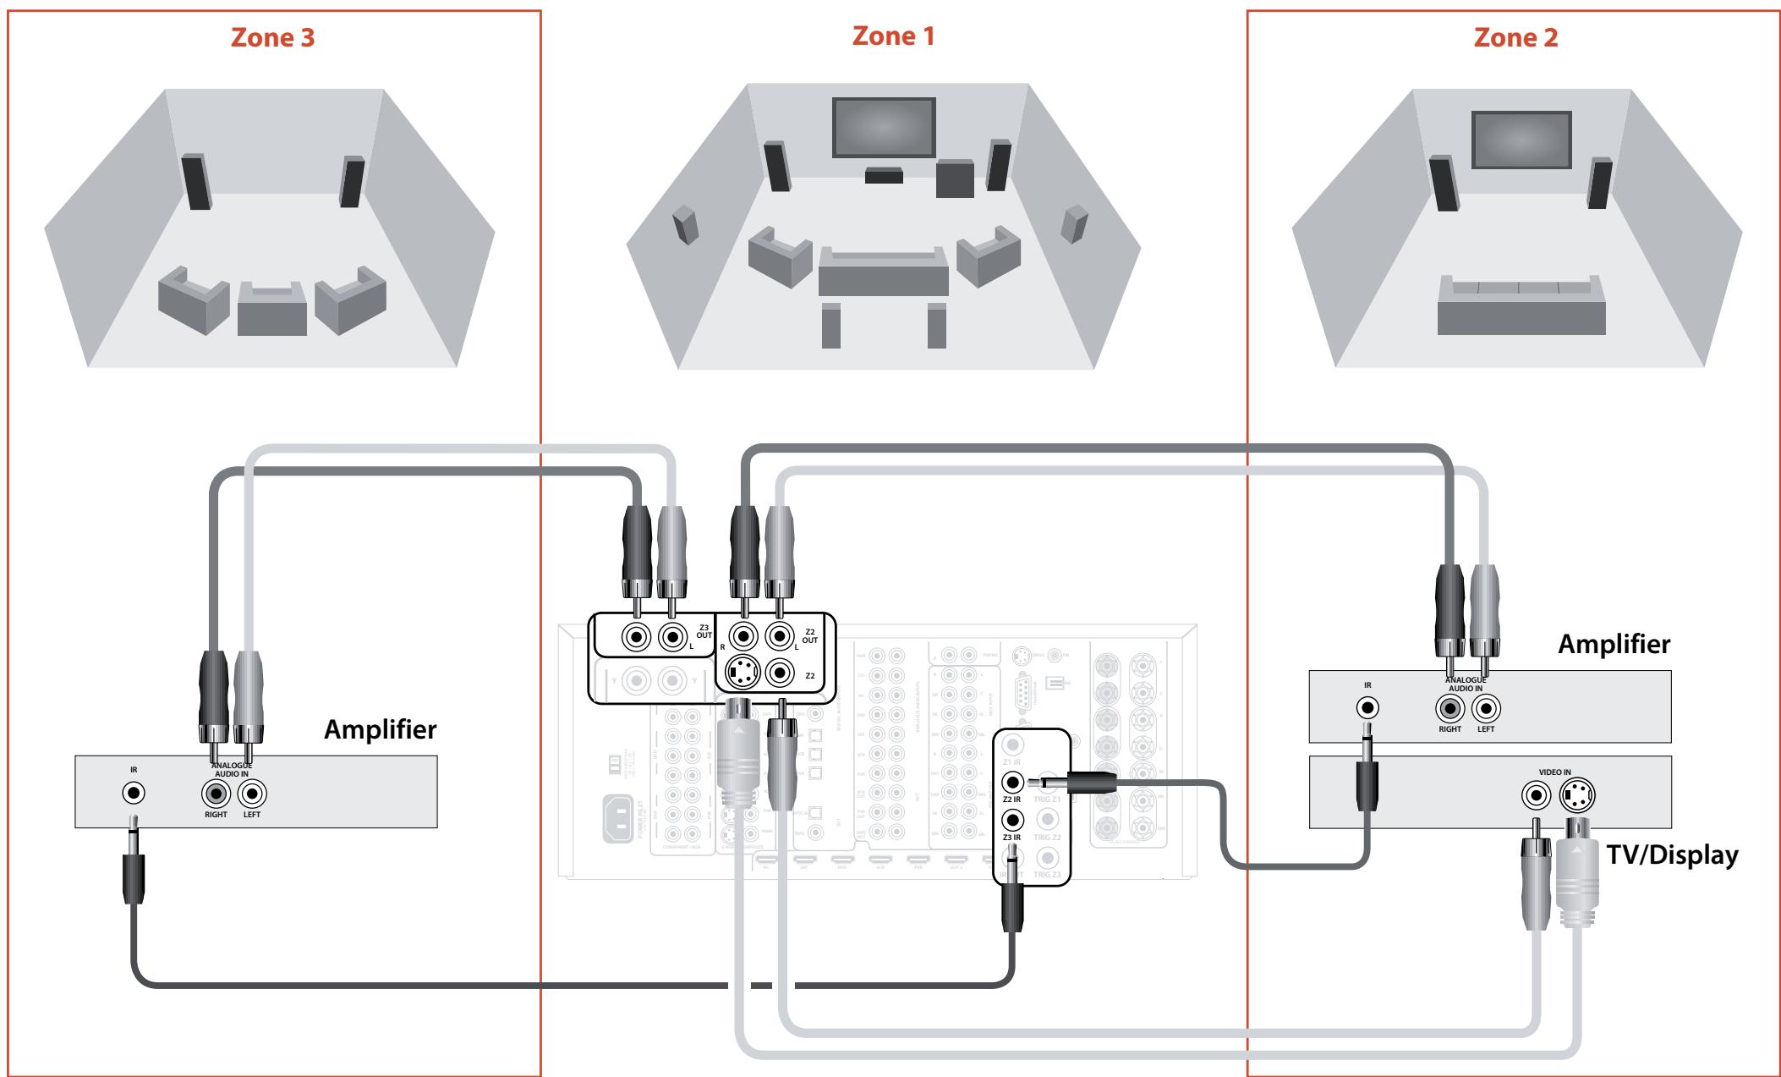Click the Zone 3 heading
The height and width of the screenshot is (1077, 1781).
pos(272,39)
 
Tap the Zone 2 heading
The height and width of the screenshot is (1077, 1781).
pos(1515,38)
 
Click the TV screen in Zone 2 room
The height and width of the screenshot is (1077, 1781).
pos(1521,139)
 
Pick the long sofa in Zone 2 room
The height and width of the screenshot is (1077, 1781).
pos(1521,308)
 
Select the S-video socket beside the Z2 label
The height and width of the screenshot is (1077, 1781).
pos(743,673)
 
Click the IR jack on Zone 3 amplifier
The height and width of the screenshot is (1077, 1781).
pos(134,793)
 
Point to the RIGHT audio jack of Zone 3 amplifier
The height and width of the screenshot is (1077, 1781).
pos(216,794)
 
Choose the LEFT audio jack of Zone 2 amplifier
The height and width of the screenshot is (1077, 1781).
pos(1486,707)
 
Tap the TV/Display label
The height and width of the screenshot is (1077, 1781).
pos(1672,854)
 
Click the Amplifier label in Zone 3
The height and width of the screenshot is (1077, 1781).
pos(381,729)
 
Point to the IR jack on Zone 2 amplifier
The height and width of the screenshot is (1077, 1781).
pos(1367,707)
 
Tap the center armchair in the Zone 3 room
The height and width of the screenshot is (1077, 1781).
pos(271,308)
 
